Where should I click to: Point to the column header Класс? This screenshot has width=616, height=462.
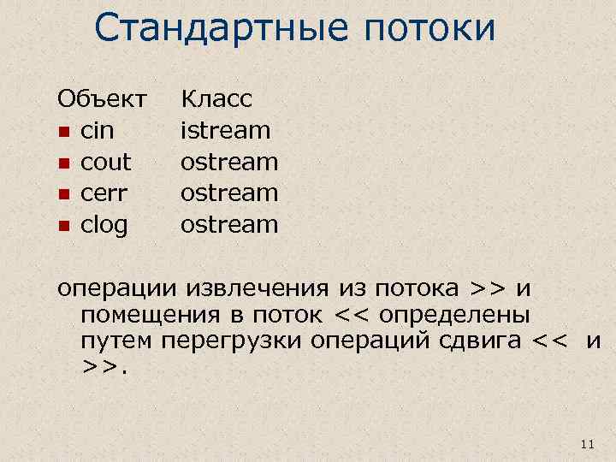pyautogui.click(x=216, y=99)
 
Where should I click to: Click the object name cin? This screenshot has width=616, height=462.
pyautogui.click(x=96, y=131)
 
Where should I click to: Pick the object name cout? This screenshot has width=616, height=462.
pyautogui.click(x=105, y=162)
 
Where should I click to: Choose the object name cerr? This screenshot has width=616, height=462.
pyautogui.click(x=104, y=193)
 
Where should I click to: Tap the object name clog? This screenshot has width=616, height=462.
pyautogui.click(x=104, y=225)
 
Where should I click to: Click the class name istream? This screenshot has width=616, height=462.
pyautogui.click(x=225, y=131)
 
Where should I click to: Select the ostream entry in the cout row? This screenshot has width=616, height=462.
pyautogui.click(x=229, y=162)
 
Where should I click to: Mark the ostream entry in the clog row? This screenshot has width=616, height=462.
pyautogui.click(x=229, y=225)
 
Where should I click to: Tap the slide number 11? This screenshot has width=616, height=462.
pyautogui.click(x=586, y=443)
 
